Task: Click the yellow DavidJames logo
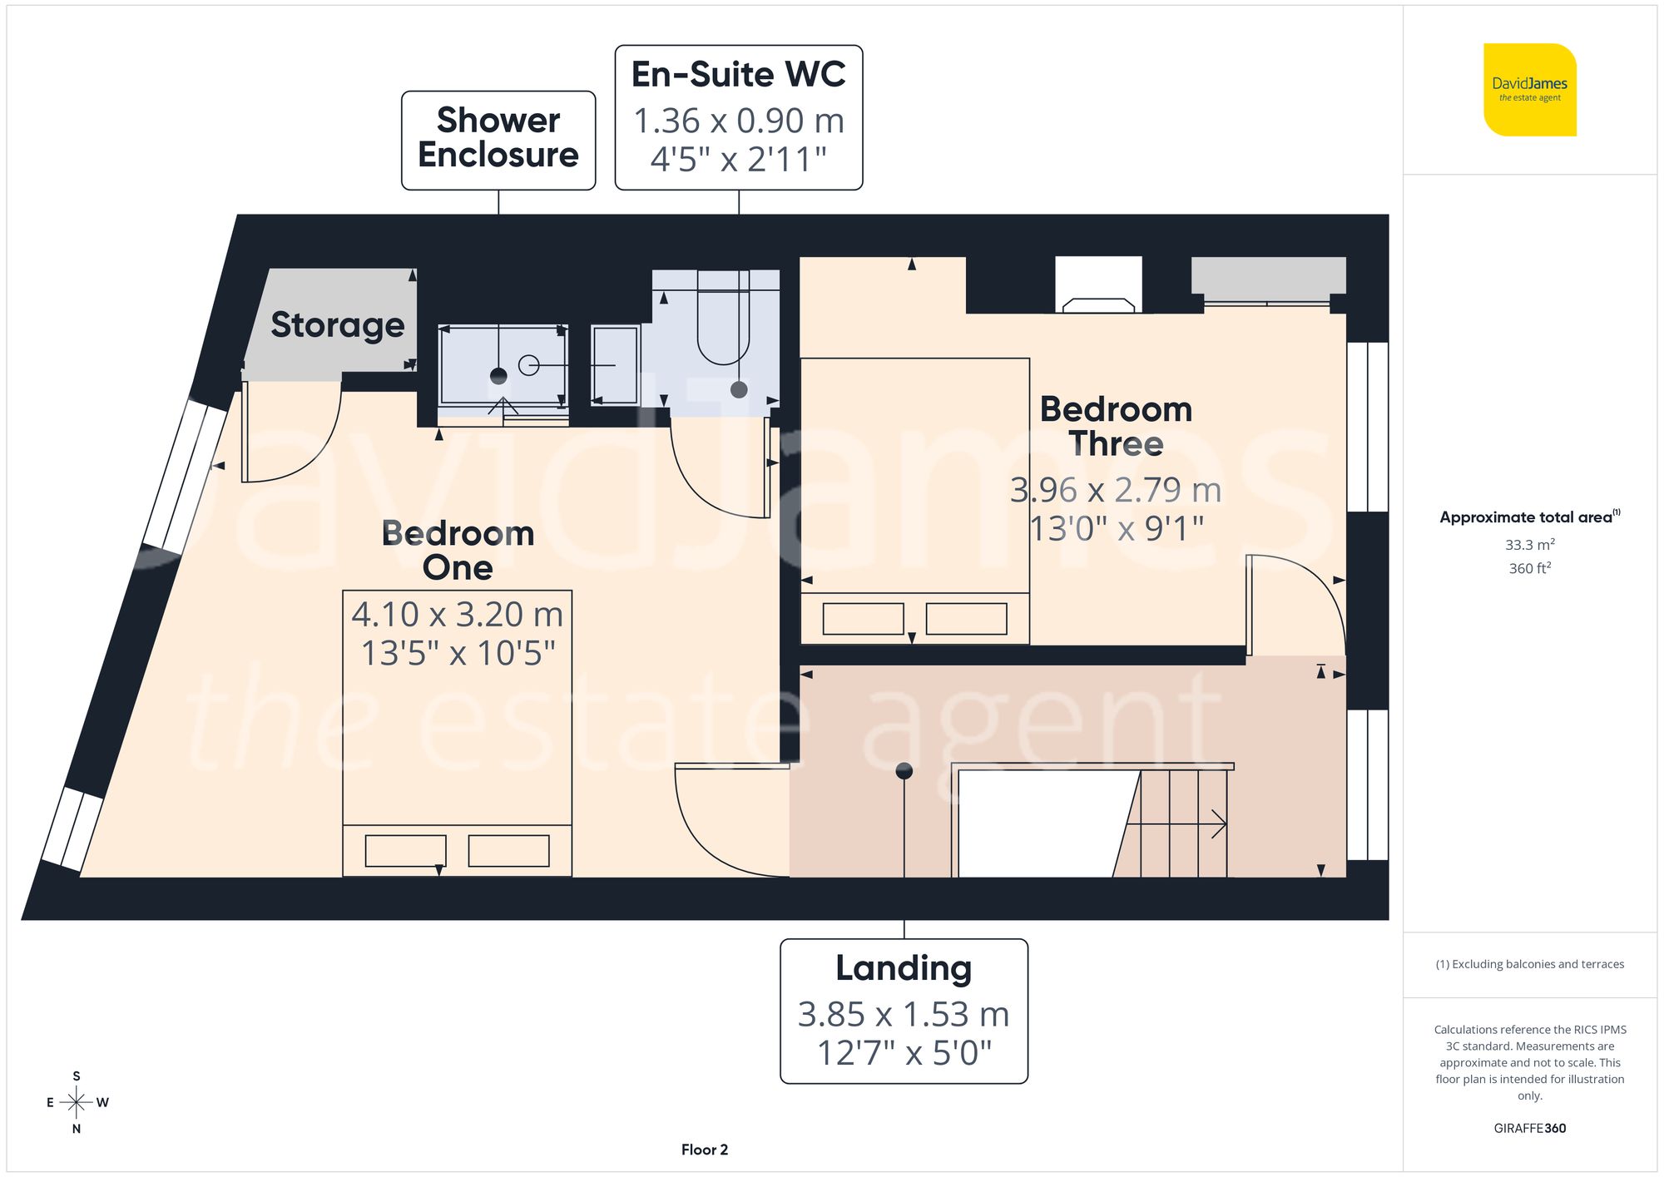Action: pos(1529,90)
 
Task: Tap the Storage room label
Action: pos(337,324)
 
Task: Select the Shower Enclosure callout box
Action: pos(498,140)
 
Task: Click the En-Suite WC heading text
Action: pos(738,74)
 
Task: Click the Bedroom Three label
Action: pos(1116,426)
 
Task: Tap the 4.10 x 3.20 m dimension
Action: pos(457,615)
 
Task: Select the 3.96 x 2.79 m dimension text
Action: pos(1116,490)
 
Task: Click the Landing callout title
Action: pos(904,968)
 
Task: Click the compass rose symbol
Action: pos(76,1103)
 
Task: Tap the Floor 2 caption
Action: pos(704,1150)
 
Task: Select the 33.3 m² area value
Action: pos(1529,545)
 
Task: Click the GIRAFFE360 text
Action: pos(1529,1129)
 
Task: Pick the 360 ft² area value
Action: pos(1529,568)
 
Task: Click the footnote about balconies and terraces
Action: pos(1529,964)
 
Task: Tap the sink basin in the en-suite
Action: pos(615,366)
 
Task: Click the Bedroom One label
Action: pos(457,550)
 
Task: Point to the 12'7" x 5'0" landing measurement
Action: pos(904,1053)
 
